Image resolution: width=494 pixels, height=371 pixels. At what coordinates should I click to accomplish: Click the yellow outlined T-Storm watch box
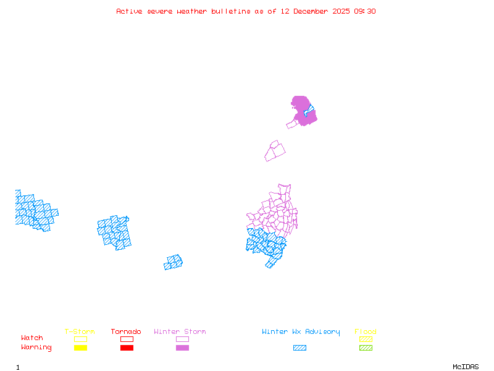[80, 339]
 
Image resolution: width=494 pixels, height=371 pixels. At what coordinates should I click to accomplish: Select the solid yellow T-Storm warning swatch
[80, 348]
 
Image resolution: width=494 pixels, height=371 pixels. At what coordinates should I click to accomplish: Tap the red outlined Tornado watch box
[127, 339]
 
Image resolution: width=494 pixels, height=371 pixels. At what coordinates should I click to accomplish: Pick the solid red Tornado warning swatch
[127, 348]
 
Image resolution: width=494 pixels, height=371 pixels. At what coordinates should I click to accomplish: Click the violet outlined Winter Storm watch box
[182, 339]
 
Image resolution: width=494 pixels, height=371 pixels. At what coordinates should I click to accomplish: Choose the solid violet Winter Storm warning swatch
[182, 348]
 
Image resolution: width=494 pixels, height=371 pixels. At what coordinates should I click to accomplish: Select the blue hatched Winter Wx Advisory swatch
[299, 348]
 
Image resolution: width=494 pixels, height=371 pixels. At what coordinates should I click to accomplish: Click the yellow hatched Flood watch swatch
[366, 339]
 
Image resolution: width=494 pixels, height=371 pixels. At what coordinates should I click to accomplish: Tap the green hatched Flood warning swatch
[366, 348]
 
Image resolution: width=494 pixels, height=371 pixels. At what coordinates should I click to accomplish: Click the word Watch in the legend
[32, 338]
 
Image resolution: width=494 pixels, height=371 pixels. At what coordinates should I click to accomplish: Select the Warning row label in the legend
[36, 348]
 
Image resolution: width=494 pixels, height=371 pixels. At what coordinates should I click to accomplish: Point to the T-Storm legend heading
[80, 331]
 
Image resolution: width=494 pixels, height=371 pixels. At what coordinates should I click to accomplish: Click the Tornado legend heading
[126, 331]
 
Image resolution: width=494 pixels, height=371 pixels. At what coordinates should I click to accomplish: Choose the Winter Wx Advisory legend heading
[301, 331]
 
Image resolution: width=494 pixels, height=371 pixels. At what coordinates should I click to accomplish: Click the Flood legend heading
[366, 331]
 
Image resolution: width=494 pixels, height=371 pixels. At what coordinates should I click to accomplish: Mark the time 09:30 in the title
[364, 11]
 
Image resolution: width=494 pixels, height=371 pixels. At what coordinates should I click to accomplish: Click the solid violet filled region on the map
[299, 105]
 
